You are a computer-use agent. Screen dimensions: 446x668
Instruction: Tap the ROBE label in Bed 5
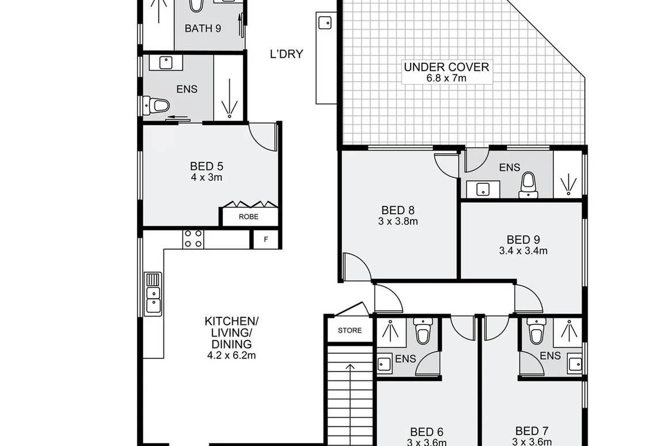tap(249, 217)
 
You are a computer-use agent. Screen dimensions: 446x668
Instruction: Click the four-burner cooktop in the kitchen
tap(193, 239)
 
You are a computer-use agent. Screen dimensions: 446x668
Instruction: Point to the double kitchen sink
tap(153, 293)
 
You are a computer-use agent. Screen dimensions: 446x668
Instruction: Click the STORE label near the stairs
tap(350, 330)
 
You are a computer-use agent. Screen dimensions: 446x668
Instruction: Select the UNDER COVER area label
tap(446, 67)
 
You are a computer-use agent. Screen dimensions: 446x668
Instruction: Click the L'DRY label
tap(286, 55)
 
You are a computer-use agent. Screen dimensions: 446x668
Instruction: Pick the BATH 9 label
tap(203, 28)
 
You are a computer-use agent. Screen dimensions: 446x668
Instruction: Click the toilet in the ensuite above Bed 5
tap(158, 105)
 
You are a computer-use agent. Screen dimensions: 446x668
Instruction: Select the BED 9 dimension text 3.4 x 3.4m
tap(523, 251)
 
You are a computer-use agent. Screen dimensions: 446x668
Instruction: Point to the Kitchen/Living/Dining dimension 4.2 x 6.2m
tap(231, 356)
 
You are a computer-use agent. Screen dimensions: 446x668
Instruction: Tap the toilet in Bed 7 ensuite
tap(536, 332)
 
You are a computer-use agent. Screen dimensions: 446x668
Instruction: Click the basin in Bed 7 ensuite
tap(574, 363)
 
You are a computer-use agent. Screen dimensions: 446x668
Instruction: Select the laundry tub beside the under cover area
tap(324, 23)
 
